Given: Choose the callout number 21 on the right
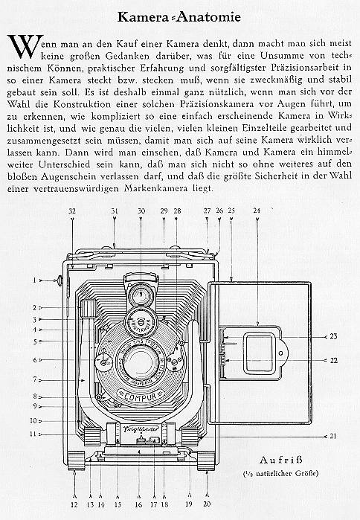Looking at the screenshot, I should click(332, 435).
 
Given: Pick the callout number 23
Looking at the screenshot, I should click(332, 336).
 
